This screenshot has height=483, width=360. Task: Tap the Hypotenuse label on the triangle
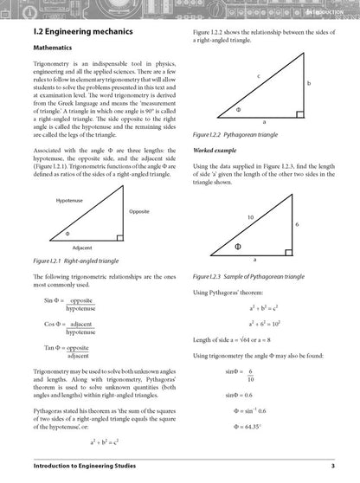70,200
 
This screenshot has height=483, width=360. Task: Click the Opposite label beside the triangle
138,211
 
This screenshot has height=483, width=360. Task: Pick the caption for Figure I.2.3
257,276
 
